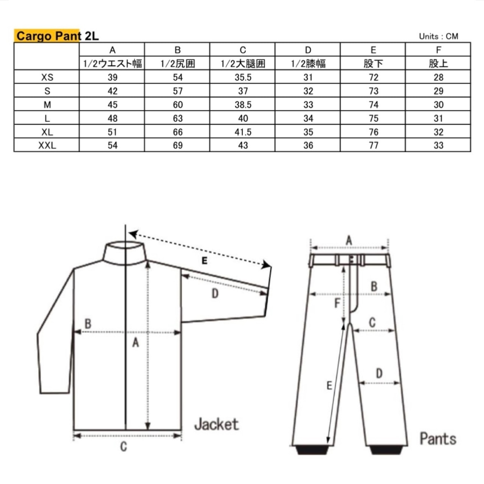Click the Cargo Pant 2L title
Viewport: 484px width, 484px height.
pyautogui.click(x=57, y=36)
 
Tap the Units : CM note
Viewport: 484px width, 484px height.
pyautogui.click(x=439, y=36)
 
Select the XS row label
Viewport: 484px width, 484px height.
pyautogui.click(x=47, y=77)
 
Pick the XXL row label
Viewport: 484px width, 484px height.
pyautogui.click(x=47, y=145)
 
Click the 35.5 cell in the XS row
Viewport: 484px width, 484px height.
pyautogui.click(x=243, y=77)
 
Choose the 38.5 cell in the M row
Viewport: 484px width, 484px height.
pyautogui.click(x=243, y=104)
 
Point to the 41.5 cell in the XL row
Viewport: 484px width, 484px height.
pyautogui.click(x=243, y=132)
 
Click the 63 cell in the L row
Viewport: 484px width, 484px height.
pyautogui.click(x=178, y=118)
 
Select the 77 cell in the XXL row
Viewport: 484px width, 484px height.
pyautogui.click(x=374, y=145)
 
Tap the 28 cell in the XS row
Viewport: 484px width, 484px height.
pyautogui.click(x=439, y=77)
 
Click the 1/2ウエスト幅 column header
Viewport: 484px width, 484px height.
pyautogui.click(x=113, y=64)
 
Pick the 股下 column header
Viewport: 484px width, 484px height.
pyautogui.click(x=374, y=64)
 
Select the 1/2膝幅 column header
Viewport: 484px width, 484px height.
pyautogui.click(x=308, y=64)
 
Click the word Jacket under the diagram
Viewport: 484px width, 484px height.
pyautogui.click(x=217, y=424)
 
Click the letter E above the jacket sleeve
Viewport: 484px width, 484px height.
pyautogui.click(x=205, y=261)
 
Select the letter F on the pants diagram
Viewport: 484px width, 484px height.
pyautogui.click(x=337, y=303)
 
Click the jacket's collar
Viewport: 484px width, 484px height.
pyautogui.click(x=125, y=253)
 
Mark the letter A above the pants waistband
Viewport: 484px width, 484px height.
pyautogui.click(x=349, y=240)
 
